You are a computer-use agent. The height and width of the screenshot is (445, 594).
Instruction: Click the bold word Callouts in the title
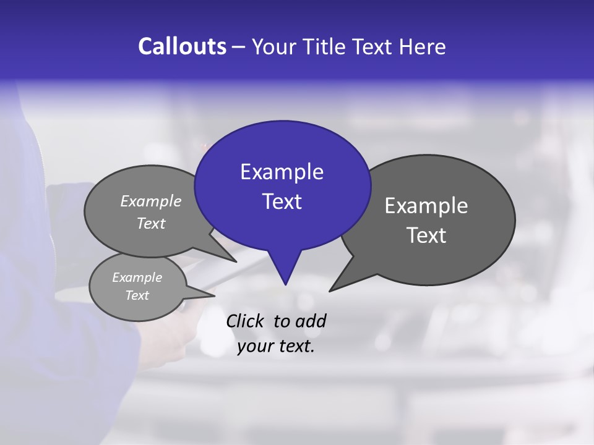click(182, 46)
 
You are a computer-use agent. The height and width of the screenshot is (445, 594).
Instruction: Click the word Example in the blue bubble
click(282, 172)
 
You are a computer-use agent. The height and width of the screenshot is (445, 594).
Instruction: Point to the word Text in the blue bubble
click(282, 201)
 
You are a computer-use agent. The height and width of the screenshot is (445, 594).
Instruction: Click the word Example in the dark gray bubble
click(426, 206)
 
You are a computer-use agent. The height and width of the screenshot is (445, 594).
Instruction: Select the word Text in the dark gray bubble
click(426, 235)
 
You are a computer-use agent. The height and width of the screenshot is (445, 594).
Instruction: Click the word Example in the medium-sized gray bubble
click(151, 201)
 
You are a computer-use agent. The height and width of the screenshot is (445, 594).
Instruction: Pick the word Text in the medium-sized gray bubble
click(151, 223)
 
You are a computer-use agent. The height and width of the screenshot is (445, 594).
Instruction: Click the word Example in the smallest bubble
click(137, 278)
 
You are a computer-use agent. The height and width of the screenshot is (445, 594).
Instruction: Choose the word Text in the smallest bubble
click(137, 295)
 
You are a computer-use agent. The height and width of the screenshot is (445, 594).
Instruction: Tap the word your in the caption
click(253, 345)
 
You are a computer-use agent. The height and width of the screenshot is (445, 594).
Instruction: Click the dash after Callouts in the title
click(239, 47)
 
